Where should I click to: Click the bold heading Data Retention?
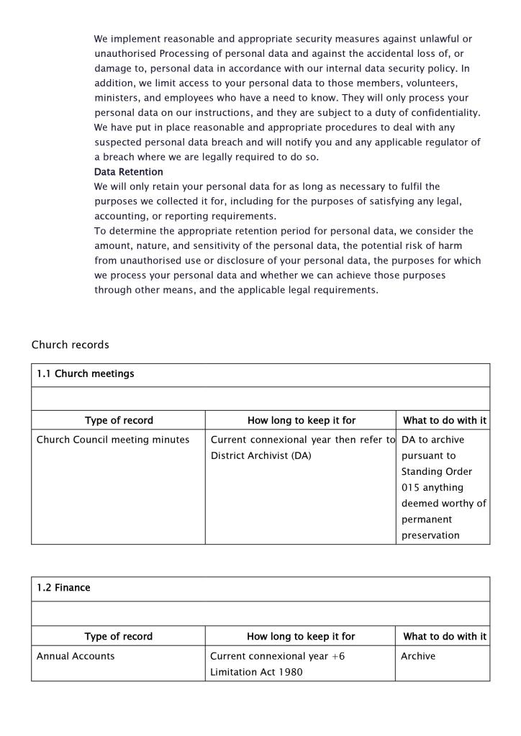tap(128, 172)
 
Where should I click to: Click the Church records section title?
tap(70, 345)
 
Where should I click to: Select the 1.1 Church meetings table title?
tap(85, 374)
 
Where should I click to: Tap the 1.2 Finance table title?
tap(63, 588)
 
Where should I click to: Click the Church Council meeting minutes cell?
tap(113, 440)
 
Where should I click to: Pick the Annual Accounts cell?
tap(76, 656)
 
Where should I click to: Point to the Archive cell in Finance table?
tap(418, 656)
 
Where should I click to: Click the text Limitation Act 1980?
tap(255, 672)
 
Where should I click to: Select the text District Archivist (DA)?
tap(260, 455)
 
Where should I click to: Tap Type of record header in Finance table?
tap(118, 636)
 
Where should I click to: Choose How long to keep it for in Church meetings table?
tap(301, 420)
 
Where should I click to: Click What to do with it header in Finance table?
tap(444, 636)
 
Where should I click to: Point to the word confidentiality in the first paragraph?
tap(439, 112)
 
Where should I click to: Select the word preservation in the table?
tap(430, 535)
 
